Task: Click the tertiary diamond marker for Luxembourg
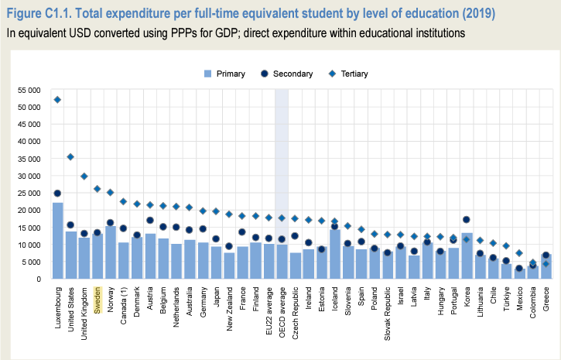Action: point(57,100)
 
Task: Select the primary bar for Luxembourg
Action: point(57,240)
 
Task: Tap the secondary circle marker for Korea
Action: point(466,220)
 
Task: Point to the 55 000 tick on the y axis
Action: point(28,91)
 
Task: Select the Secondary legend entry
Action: point(285,74)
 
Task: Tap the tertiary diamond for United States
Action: point(70,156)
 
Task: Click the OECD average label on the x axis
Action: point(282,308)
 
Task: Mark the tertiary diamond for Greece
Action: point(546,263)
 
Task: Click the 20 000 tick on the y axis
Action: point(28,211)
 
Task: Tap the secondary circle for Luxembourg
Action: point(57,194)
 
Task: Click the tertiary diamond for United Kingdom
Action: point(84,176)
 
